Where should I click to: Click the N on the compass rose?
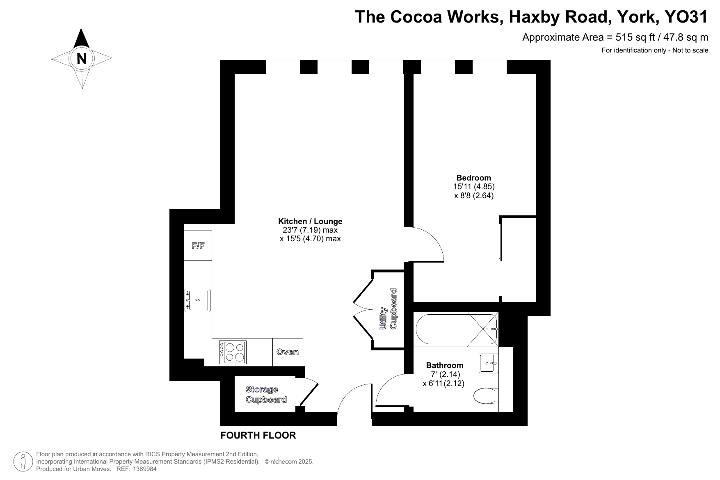coord(82,59)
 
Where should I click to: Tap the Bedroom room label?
coord(473,178)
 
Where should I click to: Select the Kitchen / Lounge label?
coord(310,221)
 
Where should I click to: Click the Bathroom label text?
coord(445,365)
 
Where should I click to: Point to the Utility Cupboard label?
coord(389,309)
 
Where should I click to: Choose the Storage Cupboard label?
coord(266,394)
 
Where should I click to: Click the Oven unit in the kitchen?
coord(288,352)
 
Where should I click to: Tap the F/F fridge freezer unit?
coord(198,246)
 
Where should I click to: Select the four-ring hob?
coord(233,352)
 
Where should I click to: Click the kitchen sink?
coord(197,300)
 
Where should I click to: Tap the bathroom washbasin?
coord(488,363)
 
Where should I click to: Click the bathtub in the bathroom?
coord(457,329)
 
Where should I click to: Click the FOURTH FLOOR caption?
coord(258,435)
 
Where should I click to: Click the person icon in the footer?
coord(23,461)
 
